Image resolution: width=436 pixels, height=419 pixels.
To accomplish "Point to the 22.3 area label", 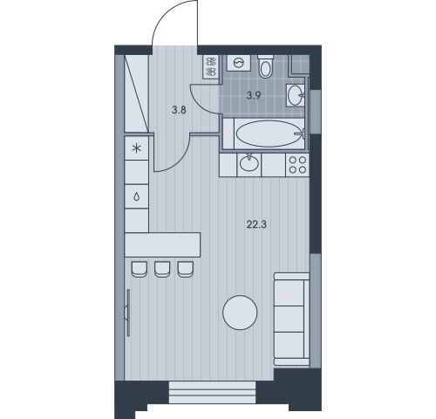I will pyautogui.click(x=255, y=225).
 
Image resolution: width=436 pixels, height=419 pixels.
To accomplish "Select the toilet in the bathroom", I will pyautogui.click(x=268, y=65).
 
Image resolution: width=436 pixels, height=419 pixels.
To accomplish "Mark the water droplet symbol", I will pyautogui.click(x=136, y=196).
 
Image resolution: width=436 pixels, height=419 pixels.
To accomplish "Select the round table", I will pyautogui.click(x=240, y=313).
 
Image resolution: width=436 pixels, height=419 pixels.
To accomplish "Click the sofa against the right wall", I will pyautogui.click(x=292, y=318).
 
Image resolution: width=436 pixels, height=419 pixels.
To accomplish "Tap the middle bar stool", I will pyautogui.click(x=161, y=269).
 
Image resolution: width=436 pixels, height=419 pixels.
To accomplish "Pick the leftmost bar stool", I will pyautogui.click(x=139, y=269).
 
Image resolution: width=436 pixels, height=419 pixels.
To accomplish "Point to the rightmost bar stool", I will pyautogui.click(x=184, y=269).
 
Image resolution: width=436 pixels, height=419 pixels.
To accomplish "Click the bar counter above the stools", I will pyautogui.click(x=162, y=244).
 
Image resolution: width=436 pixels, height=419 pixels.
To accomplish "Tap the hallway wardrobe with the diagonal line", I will pyautogui.click(x=138, y=92).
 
